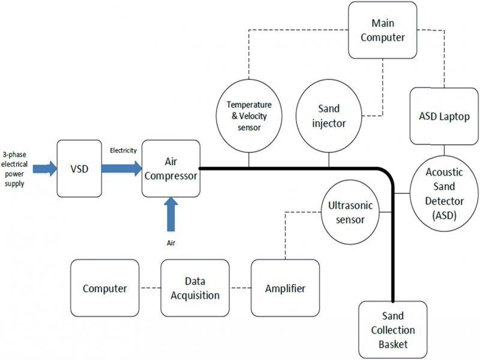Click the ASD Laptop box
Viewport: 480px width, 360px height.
pyautogui.click(x=444, y=116)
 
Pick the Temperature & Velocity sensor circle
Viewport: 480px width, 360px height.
pyautogui.click(x=248, y=116)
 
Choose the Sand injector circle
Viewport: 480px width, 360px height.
pyautogui.click(x=329, y=116)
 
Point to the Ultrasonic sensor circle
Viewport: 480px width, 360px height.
pyautogui.click(x=352, y=212)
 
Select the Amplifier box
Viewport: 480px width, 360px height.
pyautogui.click(x=285, y=289)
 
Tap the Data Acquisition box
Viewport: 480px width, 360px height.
pyautogui.click(x=194, y=289)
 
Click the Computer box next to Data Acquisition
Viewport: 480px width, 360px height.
pyautogui.click(x=104, y=289)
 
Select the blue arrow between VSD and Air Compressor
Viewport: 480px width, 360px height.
pyautogui.click(x=121, y=169)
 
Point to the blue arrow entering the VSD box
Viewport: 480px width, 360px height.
pyautogui.click(x=41, y=169)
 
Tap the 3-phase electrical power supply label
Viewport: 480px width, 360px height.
pyautogui.click(x=14, y=169)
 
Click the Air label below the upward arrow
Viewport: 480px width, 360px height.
pyautogui.click(x=171, y=243)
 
